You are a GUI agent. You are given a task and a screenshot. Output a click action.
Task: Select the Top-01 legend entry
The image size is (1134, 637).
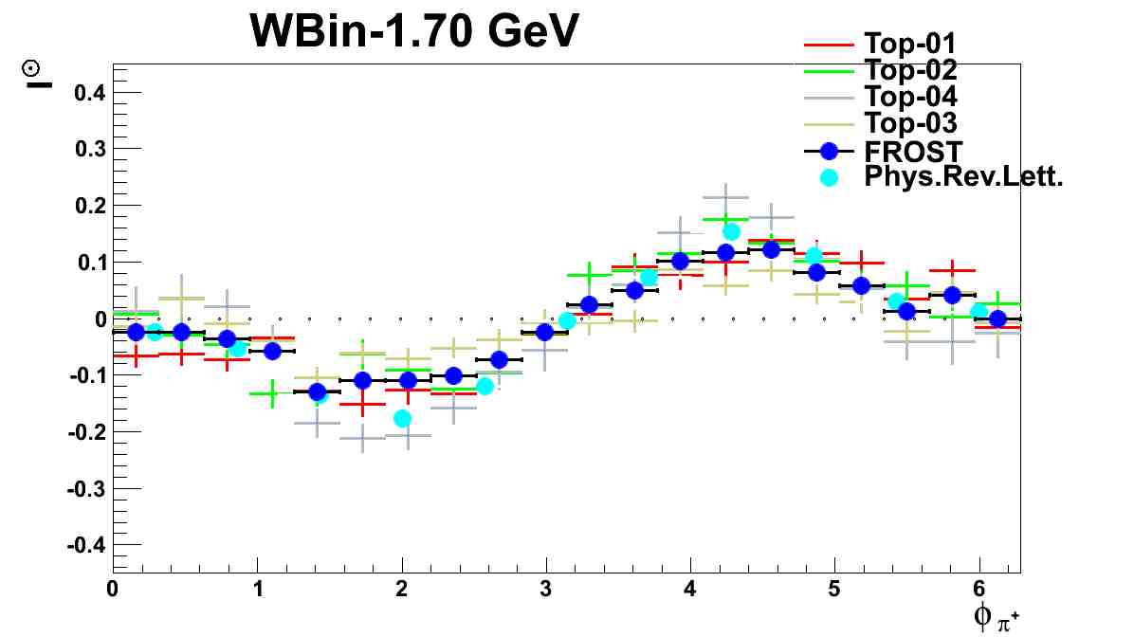[x=909, y=44]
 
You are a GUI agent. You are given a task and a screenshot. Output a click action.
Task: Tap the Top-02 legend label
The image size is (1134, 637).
[x=910, y=70]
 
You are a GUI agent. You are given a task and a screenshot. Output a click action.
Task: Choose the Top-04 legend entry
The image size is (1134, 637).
[x=910, y=96]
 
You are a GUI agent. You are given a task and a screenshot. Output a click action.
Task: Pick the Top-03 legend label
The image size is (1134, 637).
[x=910, y=122]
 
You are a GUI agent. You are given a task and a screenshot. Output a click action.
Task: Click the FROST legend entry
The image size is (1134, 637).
[x=913, y=151]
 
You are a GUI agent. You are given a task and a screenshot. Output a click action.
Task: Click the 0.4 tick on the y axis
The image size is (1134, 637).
[x=88, y=93]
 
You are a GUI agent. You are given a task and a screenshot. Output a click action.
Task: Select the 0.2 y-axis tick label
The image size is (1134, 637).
[x=88, y=206]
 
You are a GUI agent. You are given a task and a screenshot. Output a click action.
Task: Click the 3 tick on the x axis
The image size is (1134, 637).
[x=546, y=589]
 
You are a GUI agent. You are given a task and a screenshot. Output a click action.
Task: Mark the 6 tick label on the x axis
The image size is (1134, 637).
[x=979, y=589]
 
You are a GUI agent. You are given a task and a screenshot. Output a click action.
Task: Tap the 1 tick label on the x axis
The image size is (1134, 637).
[x=257, y=589]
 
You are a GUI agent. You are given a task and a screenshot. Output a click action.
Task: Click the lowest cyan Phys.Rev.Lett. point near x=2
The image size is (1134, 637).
[x=402, y=418]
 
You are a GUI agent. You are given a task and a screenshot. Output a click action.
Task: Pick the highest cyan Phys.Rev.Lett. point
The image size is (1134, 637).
[x=731, y=231]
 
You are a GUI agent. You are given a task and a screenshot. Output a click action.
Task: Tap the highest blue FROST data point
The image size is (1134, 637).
[x=771, y=249]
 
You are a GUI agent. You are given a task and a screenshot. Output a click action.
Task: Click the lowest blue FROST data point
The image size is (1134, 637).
[x=317, y=391]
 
